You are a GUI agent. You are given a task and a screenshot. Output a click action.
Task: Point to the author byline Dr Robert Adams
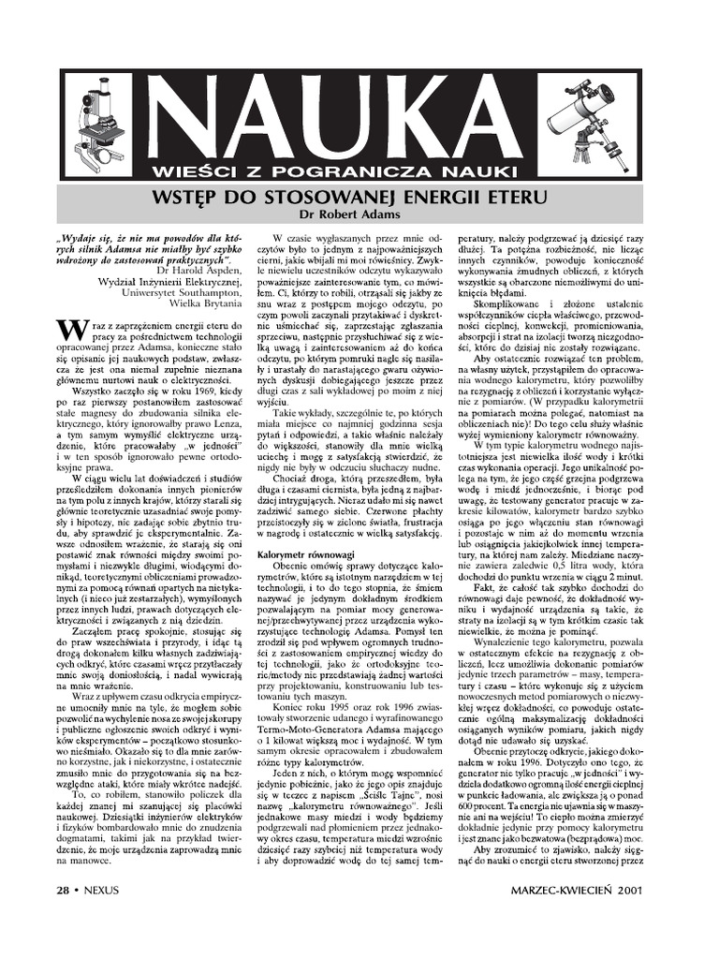360,214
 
